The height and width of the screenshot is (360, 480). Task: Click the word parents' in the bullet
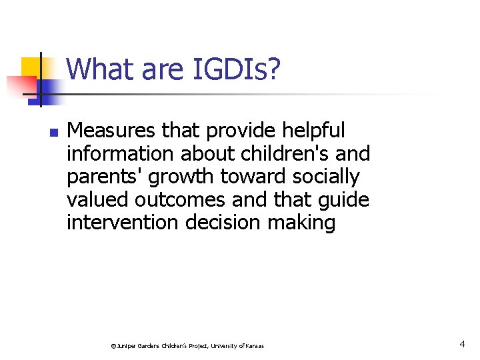[x=106, y=177]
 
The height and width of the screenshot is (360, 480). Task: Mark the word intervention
[x=123, y=222]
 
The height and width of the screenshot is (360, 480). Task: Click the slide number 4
[x=462, y=344]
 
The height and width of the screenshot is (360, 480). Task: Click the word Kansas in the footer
[x=253, y=346]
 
